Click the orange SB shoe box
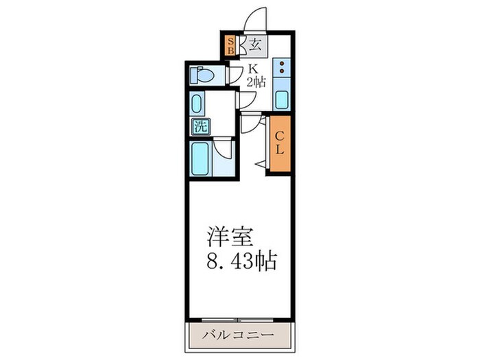(231, 46)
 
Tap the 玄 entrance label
(254, 46)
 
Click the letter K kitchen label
(252, 68)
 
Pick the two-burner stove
(281, 68)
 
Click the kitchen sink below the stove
(281, 99)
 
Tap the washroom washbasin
(198, 105)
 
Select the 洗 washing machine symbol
(200, 127)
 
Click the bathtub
(201, 158)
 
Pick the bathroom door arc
(222, 147)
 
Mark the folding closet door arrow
(261, 163)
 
